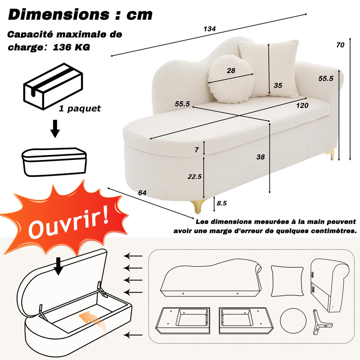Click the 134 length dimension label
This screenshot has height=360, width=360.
pos(210,29)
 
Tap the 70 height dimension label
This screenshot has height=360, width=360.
pos(340,45)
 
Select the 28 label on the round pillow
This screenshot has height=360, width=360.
pos(231,70)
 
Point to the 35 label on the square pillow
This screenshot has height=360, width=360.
pos(278,85)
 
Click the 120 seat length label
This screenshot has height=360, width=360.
pos(302,106)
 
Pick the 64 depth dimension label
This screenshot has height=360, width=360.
pos(142,193)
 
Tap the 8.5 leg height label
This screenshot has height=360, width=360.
pos(222,203)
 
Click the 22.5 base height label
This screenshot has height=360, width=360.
pos(195,176)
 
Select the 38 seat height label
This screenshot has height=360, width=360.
pos(260,157)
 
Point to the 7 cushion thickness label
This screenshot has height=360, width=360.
pos(196,150)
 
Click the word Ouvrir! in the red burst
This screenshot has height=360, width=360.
pos(68,223)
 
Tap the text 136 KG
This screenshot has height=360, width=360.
pos(71,47)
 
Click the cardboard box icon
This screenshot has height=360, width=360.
pos(53,86)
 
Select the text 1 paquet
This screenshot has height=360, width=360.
pos(80,108)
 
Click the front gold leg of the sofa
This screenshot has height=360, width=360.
pos(198,206)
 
